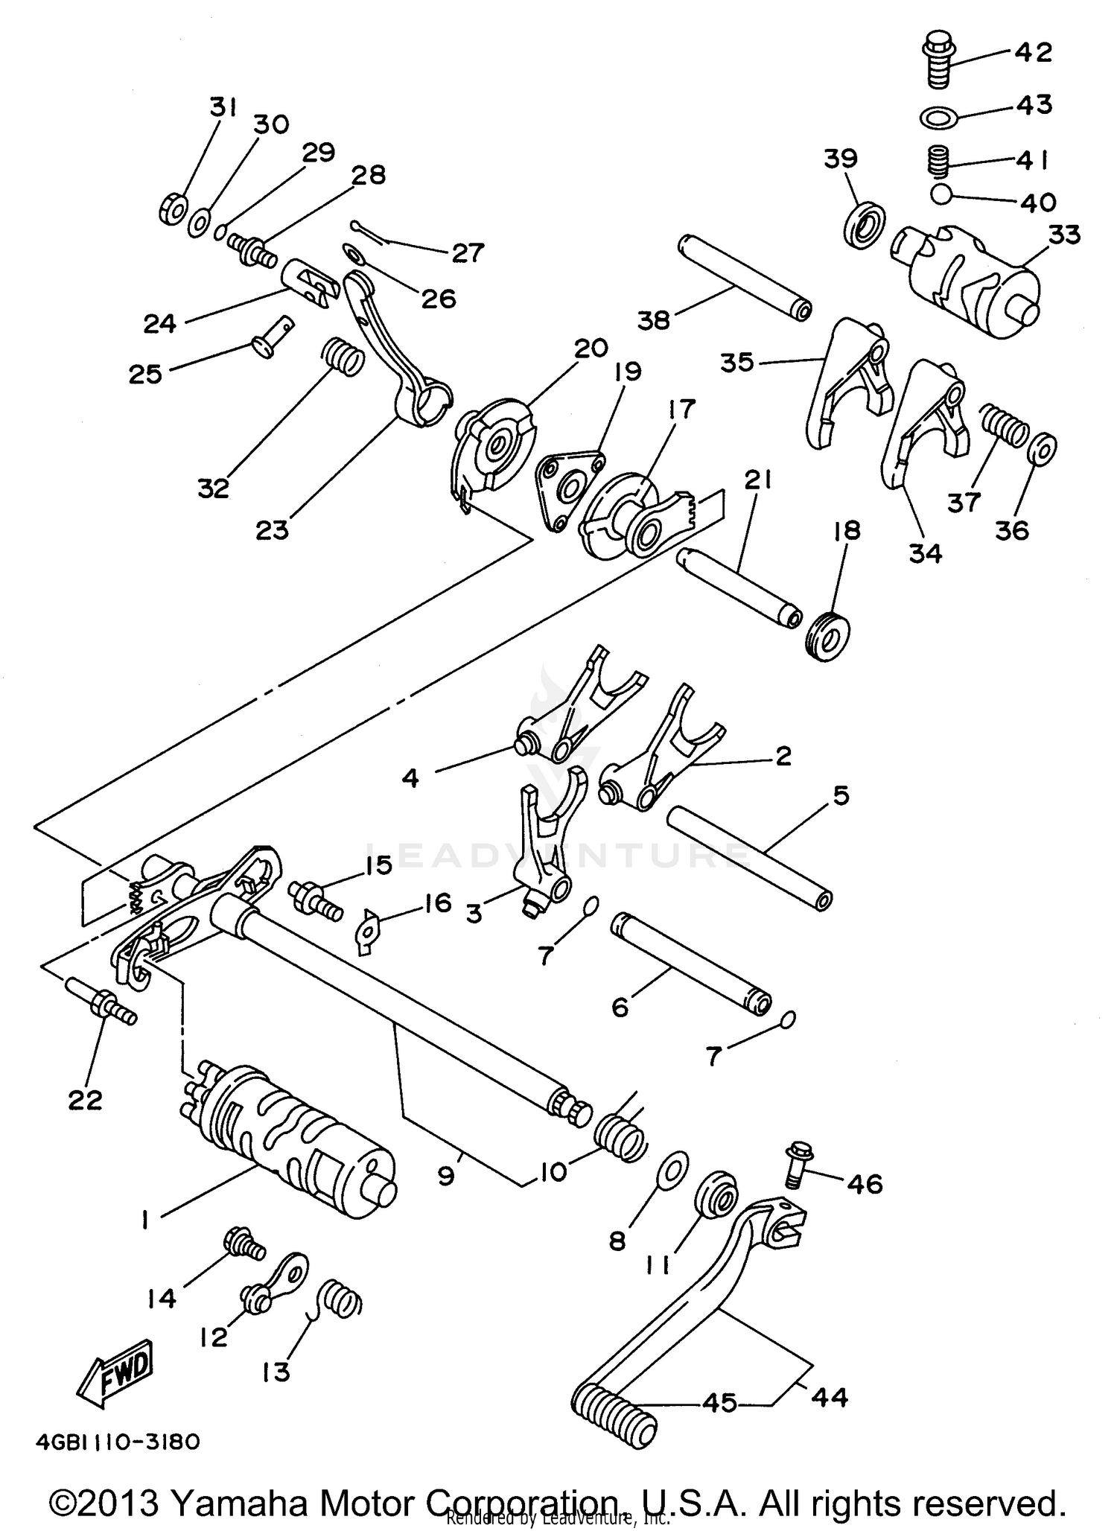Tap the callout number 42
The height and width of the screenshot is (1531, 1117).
1034,53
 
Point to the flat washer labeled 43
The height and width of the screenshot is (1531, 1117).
940,117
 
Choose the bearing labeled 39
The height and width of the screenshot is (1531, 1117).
865,223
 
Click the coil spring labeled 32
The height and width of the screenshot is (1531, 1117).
343,356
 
